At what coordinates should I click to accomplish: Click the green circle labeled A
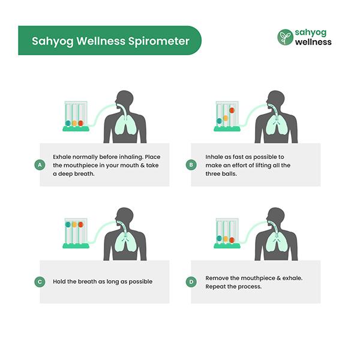[x=40, y=164]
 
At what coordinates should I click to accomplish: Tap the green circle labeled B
[x=191, y=164]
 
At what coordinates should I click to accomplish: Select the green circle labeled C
[x=40, y=281]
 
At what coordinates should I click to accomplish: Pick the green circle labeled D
[x=191, y=281]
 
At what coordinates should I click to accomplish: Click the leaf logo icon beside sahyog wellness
[x=285, y=37]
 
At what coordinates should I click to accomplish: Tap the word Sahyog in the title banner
[x=52, y=41]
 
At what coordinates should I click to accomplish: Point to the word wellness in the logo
[x=313, y=43]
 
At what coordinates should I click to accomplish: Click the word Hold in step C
[x=61, y=281]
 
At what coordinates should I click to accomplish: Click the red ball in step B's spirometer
[x=232, y=110]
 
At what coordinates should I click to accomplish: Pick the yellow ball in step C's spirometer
[x=74, y=224]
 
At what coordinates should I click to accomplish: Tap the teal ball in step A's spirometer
[x=68, y=123]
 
